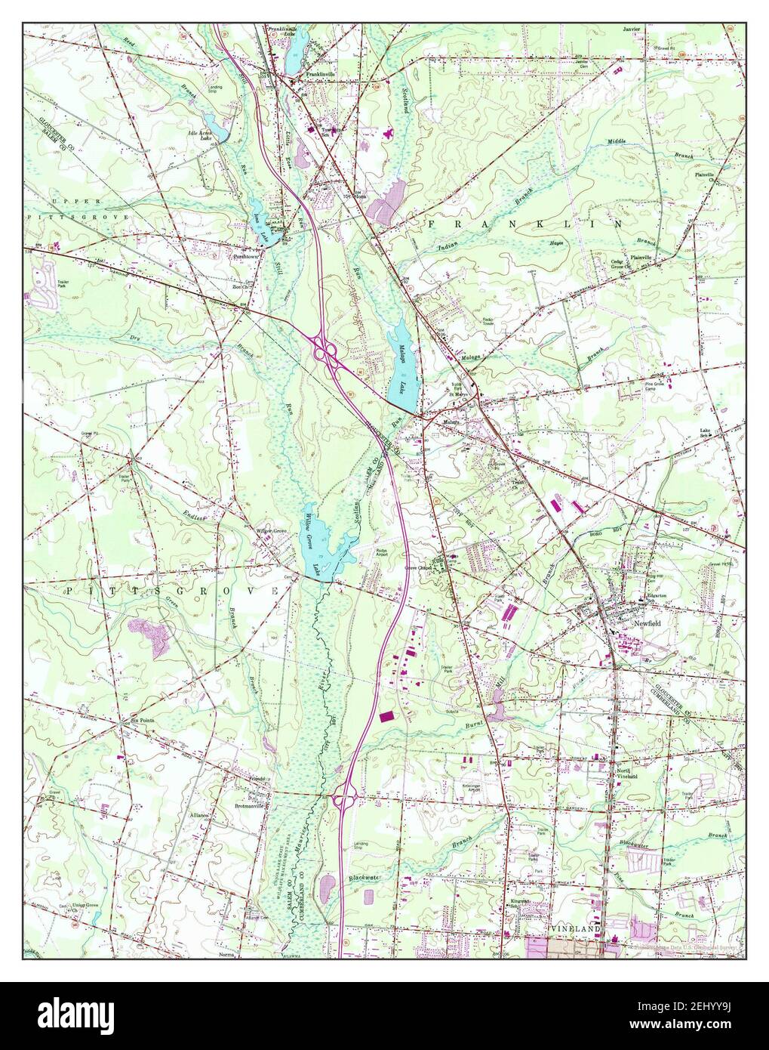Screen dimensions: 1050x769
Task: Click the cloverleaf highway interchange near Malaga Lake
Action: pos(327,351)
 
